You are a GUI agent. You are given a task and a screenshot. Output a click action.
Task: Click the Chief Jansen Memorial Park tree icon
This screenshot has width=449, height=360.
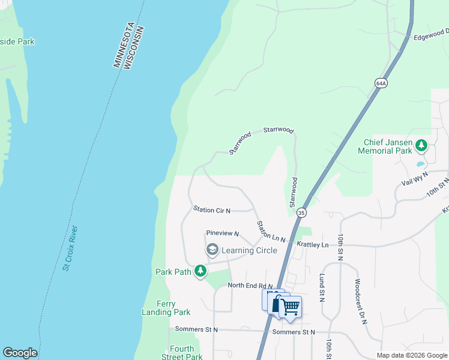coord(421,145)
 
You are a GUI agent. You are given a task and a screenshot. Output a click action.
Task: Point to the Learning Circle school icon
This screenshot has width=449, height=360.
coord(212,250)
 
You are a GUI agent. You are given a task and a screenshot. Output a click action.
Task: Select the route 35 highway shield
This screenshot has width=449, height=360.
coord(301,212)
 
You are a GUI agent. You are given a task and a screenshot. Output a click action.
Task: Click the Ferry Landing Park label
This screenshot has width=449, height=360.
coord(166,308)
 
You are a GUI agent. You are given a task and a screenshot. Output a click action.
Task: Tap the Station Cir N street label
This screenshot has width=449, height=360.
coord(212,209)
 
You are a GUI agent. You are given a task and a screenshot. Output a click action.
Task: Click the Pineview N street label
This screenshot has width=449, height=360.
coord(222,233)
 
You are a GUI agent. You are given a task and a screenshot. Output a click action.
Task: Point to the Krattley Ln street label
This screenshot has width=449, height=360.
coord(313,245)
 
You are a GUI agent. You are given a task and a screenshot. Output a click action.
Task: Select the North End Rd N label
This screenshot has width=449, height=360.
coord(250,286)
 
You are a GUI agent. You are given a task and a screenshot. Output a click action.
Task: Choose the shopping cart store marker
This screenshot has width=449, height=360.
coord(291,307)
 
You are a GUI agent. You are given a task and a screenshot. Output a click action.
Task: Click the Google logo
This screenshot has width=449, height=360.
coord(20,353)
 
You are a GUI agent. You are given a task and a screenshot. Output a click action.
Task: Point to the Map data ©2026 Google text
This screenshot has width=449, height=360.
coord(411,355)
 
